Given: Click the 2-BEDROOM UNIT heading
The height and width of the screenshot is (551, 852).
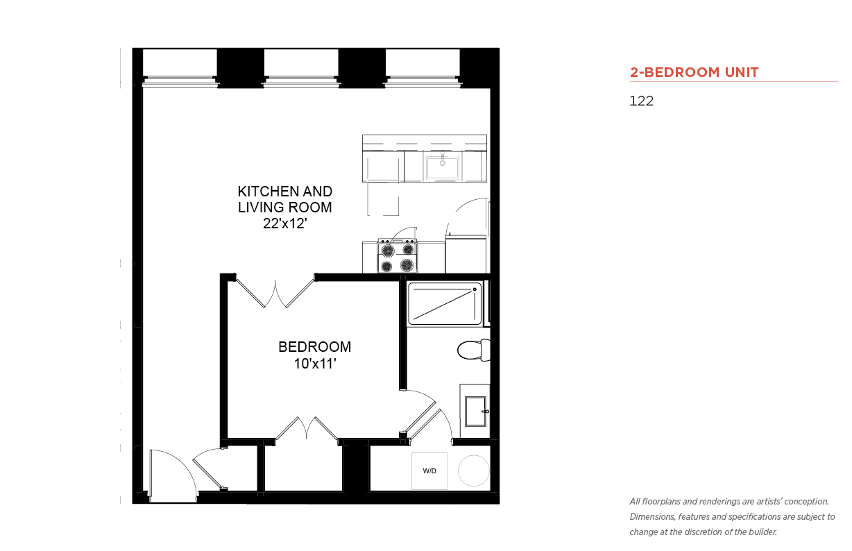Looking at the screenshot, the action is click(x=694, y=72).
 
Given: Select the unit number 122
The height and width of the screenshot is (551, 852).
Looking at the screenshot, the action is click(x=641, y=101).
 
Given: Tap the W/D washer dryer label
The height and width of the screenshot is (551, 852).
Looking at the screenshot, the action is click(x=429, y=471).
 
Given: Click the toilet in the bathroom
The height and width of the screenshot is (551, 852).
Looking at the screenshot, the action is click(x=474, y=350).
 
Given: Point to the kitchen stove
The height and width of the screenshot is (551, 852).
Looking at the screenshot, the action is click(x=397, y=255).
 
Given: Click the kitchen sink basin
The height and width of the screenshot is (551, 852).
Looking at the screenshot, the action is click(x=443, y=167).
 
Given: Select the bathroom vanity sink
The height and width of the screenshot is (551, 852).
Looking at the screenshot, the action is click(x=475, y=412).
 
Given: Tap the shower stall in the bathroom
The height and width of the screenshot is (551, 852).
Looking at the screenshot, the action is click(x=445, y=304).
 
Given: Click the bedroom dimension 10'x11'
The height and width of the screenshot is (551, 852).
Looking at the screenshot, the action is click(x=315, y=364).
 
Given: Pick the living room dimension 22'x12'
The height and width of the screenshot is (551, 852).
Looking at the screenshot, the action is click(x=285, y=223).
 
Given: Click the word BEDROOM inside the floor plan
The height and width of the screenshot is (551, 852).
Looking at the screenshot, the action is click(x=315, y=347).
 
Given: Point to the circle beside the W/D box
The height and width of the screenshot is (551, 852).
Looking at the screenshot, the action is click(x=474, y=471).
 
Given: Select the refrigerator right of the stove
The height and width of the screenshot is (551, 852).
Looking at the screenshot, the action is click(x=466, y=254).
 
